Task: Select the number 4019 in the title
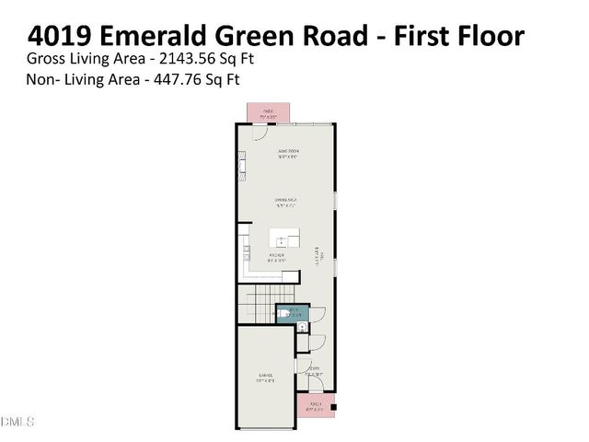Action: tap(61, 36)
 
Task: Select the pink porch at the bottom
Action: tap(315, 405)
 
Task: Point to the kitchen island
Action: tap(290, 240)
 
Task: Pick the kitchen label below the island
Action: tap(278, 257)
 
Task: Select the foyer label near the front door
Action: tap(313, 373)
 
